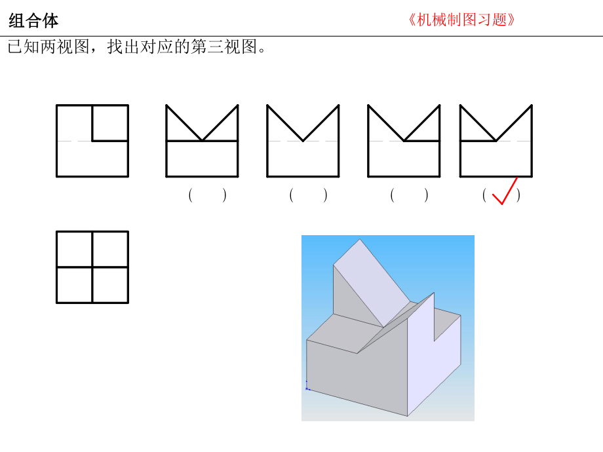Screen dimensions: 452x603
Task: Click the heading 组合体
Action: coord(33,21)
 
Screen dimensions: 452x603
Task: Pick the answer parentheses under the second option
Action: coord(308,195)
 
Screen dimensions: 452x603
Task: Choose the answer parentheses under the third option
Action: coord(409,195)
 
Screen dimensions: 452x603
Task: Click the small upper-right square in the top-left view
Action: coord(110,122)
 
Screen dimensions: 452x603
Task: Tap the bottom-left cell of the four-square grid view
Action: coord(75,285)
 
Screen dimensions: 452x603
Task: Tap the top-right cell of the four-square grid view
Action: coord(110,249)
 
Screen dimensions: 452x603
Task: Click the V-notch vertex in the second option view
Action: coord(303,141)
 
